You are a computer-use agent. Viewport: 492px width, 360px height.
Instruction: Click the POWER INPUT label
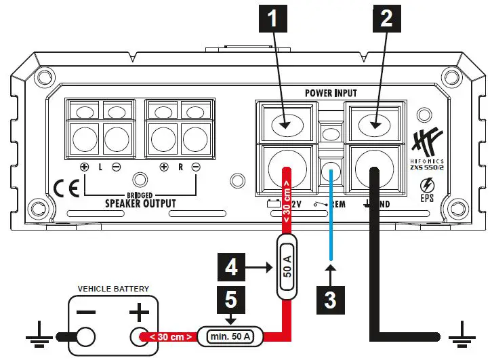coord(330,93)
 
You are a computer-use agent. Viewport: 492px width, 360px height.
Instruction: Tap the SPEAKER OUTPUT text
coord(140,203)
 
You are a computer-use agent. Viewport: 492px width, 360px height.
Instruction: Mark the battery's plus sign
coord(139,312)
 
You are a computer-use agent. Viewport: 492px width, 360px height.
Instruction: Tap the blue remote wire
coord(330,217)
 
